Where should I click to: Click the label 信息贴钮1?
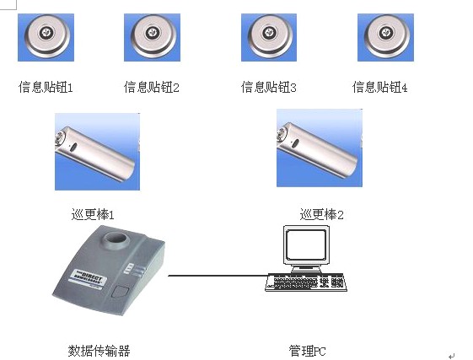click(46, 87)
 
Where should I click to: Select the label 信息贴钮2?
click(152, 87)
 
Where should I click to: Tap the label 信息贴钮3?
click(268, 87)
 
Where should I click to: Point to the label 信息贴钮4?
click(379, 87)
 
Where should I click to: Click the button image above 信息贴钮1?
click(46, 37)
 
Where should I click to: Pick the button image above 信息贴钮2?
click(152, 37)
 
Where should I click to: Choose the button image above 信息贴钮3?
click(269, 37)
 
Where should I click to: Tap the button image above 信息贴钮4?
click(385, 37)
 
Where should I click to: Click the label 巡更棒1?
click(93, 214)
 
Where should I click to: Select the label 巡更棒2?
click(321, 214)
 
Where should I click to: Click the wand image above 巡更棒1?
click(97, 152)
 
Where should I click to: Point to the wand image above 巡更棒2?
click(320, 148)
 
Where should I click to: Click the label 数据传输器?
click(99, 351)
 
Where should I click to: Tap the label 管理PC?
click(307, 352)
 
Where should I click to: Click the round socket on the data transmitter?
click(116, 239)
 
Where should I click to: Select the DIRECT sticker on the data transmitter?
click(88, 277)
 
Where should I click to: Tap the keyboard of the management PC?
click(306, 282)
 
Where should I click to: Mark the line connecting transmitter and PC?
click(218, 276)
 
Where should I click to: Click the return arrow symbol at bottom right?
click(451, 356)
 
